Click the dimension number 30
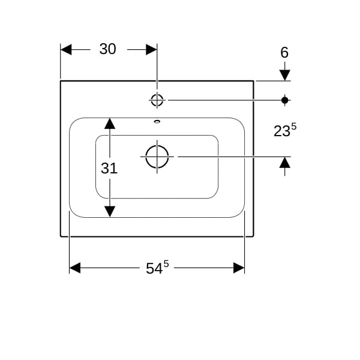click(107, 49)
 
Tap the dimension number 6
click(284, 53)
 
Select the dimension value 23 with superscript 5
click(285, 130)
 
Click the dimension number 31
click(109, 168)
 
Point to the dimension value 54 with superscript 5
click(157, 267)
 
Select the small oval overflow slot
click(157, 121)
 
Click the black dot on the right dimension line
click(284, 100)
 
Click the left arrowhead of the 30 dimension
click(66, 50)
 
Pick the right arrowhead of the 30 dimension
click(152, 50)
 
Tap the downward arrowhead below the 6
click(284, 76)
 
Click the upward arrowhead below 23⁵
click(284, 162)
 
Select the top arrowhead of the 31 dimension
click(110, 123)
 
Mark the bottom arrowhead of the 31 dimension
click(110, 211)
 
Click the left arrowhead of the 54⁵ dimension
click(75, 268)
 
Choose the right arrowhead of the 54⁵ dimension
click(239, 268)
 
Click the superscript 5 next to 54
click(166, 264)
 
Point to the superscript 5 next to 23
click(294, 127)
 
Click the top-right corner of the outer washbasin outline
click(253, 81)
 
